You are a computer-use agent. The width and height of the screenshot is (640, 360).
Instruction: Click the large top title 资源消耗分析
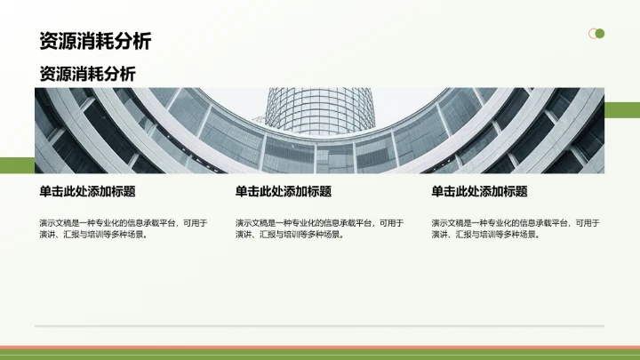tap(95, 41)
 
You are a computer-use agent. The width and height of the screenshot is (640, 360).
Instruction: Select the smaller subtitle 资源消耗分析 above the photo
tap(87, 74)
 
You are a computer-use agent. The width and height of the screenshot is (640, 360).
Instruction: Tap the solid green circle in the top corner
tap(600, 34)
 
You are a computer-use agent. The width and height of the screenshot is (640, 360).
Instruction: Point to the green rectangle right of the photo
tap(621, 109)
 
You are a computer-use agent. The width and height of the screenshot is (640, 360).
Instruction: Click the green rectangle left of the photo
tap(17, 164)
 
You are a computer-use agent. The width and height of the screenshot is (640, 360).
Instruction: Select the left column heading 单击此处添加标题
tap(86, 191)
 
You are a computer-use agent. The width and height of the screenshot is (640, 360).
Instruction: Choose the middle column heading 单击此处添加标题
tap(283, 191)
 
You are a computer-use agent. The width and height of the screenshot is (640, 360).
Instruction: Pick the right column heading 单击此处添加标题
tap(479, 191)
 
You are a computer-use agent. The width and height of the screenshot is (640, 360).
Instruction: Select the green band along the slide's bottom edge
tap(320, 355)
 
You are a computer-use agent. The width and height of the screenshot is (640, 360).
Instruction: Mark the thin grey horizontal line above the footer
tap(320, 326)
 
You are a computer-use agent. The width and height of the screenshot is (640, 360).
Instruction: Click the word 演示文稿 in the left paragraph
tap(53, 223)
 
